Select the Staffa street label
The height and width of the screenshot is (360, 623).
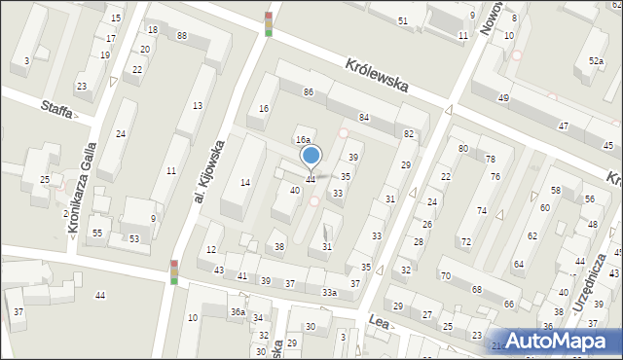tap(57, 108)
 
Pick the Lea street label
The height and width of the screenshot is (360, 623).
tap(379, 318)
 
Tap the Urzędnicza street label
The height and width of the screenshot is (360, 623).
tap(592, 282)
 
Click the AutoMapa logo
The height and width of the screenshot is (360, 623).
tap(559, 340)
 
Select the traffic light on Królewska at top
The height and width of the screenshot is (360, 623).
tap(269, 24)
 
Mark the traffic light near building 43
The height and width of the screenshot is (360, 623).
tap(174, 272)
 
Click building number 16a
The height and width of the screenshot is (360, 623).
tap(303, 140)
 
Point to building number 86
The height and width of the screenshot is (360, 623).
tap(308, 91)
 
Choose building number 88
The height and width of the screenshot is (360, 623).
tap(182, 36)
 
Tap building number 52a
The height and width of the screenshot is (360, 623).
tap(595, 61)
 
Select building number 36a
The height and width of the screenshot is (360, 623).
tap(237, 311)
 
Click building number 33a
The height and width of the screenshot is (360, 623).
tap(330, 293)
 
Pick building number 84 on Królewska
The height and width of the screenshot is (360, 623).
tap(364, 117)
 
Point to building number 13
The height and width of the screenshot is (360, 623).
tap(197, 105)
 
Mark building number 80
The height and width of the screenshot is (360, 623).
tap(463, 148)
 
